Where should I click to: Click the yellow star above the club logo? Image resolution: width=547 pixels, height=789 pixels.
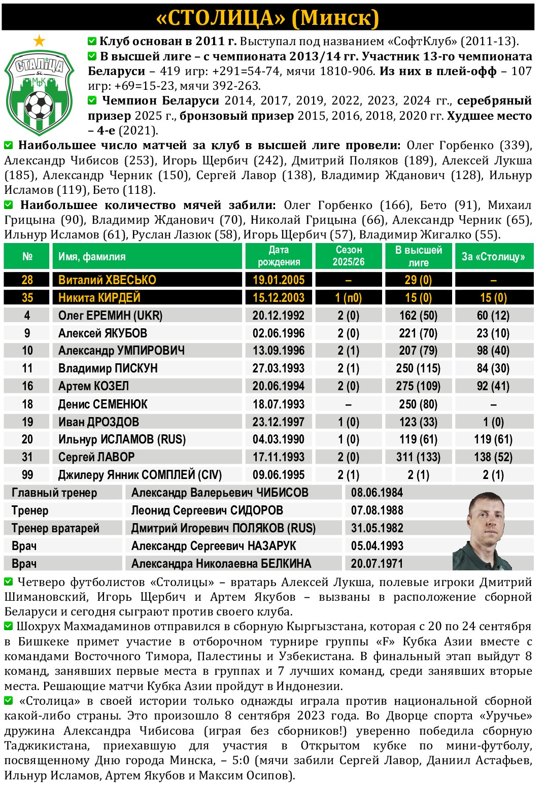tap(39, 41)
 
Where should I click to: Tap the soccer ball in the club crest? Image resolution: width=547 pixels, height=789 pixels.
tap(39, 105)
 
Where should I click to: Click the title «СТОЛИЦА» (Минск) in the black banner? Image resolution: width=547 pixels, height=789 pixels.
tap(268, 18)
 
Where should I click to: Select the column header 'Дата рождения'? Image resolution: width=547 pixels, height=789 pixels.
tap(279, 256)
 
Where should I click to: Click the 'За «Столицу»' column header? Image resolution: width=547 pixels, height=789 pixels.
tap(493, 256)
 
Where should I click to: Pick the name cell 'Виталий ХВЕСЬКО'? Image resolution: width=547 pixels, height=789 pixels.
tap(107, 280)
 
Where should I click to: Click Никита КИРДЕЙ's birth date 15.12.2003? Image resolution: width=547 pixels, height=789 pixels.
tap(279, 298)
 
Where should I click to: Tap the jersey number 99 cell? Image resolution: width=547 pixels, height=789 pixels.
tap(27, 475)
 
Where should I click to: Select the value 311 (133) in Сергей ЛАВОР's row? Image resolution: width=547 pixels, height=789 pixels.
tap(418, 457)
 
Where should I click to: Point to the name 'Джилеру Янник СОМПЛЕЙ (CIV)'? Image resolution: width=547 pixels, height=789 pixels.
tap(140, 475)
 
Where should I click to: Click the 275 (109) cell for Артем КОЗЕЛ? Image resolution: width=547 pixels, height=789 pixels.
tap(418, 386)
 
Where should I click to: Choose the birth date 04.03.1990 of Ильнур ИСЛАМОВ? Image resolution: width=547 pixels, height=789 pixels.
tap(279, 439)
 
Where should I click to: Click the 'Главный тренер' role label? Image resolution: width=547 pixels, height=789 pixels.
tap(54, 493)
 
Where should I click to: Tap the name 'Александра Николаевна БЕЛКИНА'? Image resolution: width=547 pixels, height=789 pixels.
tap(221, 564)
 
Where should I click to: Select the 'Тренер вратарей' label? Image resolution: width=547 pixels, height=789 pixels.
tap(55, 528)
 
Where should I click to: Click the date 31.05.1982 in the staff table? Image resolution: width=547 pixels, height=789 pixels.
tap(377, 528)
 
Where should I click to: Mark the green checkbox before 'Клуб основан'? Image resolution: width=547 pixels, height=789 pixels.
tap(92, 41)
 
